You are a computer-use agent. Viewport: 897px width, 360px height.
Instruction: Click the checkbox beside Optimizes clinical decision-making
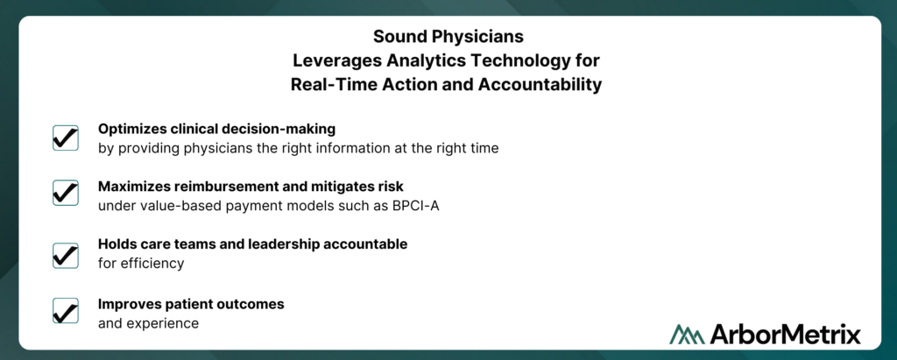pyautogui.click(x=65, y=138)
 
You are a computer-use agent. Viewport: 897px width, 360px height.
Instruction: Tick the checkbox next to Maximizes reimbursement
pyautogui.click(x=65, y=193)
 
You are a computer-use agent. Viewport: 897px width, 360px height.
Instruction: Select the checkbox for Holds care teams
pyautogui.click(x=65, y=255)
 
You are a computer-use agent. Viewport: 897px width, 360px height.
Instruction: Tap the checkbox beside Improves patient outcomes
pyautogui.click(x=65, y=310)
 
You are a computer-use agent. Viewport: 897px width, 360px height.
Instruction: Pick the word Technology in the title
pyautogui.click(x=526, y=60)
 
